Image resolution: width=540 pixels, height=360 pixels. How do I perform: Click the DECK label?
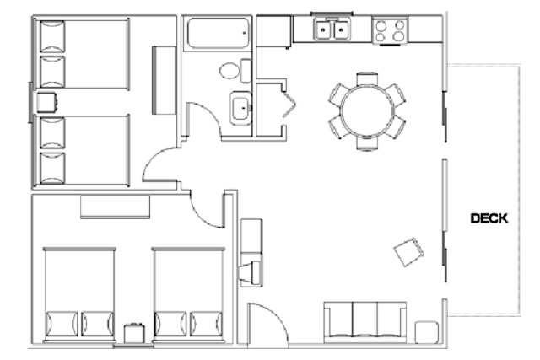pos(489,218)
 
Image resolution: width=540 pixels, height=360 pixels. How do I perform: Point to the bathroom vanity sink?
pos(240,108)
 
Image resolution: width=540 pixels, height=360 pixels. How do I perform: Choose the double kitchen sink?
pos(332,31)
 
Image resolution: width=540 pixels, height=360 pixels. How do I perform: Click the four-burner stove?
pos(390,31)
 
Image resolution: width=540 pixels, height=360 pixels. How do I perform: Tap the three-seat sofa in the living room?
pos(364,321)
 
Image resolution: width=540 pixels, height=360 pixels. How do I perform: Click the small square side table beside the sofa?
pos(426,330)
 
